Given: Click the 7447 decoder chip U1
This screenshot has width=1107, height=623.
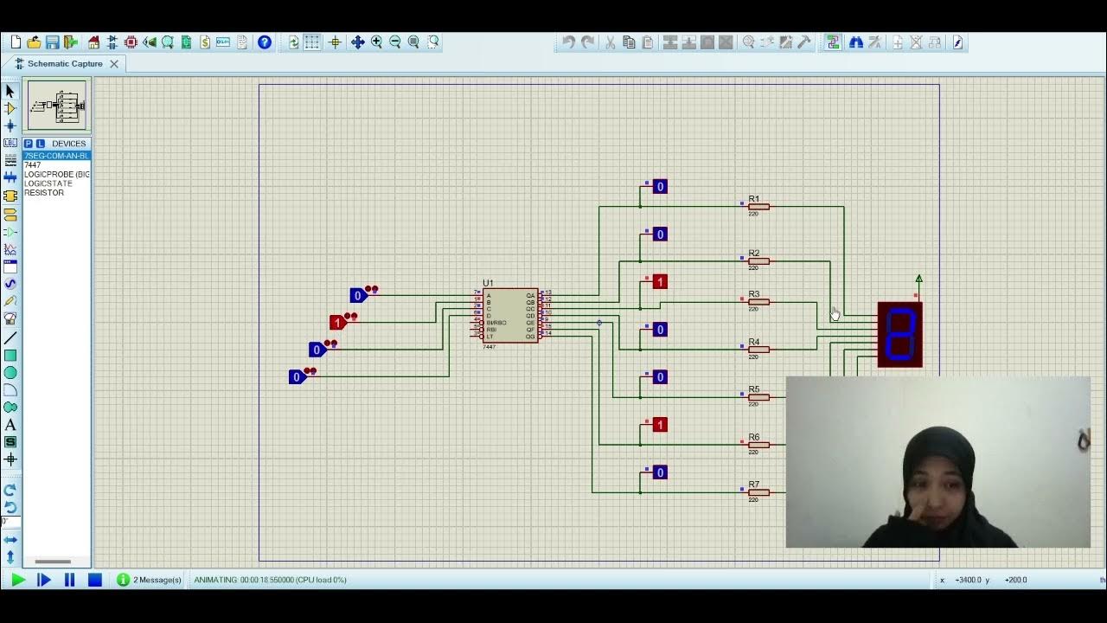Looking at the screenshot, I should pos(510,315).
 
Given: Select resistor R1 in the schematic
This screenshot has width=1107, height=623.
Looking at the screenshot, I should pos(758,207).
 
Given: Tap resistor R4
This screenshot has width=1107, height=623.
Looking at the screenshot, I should pos(758,350).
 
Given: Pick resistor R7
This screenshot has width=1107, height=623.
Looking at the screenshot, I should pos(758,492).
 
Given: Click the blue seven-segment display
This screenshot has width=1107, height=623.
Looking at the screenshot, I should pos(900,334).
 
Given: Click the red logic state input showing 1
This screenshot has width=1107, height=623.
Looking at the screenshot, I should pos(338,323).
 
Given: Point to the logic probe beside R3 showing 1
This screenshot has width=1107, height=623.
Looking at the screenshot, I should pos(660,282).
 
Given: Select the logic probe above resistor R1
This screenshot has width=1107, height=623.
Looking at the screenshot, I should pos(660,187).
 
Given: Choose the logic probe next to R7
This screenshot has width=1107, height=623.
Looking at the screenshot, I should pos(660,472).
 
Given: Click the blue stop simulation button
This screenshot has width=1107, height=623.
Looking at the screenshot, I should pos(95,580).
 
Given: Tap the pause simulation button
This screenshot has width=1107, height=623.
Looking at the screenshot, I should pos(70,580).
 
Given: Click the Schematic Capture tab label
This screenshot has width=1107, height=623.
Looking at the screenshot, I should pos(65,64).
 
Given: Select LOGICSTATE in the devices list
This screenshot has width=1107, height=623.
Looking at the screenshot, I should pos(48,183).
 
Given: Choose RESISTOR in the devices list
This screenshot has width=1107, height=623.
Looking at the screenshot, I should pos(44,193).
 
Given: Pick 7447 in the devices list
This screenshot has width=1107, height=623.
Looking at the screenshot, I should pos(33,165).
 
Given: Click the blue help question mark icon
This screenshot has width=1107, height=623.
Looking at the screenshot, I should pos(265,42).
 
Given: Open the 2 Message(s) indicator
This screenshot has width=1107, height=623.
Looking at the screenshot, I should pos(149,580).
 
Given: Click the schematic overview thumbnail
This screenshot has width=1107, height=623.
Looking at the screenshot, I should pos(57,106).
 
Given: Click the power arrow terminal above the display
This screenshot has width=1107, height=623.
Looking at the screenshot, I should pos(918,279).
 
